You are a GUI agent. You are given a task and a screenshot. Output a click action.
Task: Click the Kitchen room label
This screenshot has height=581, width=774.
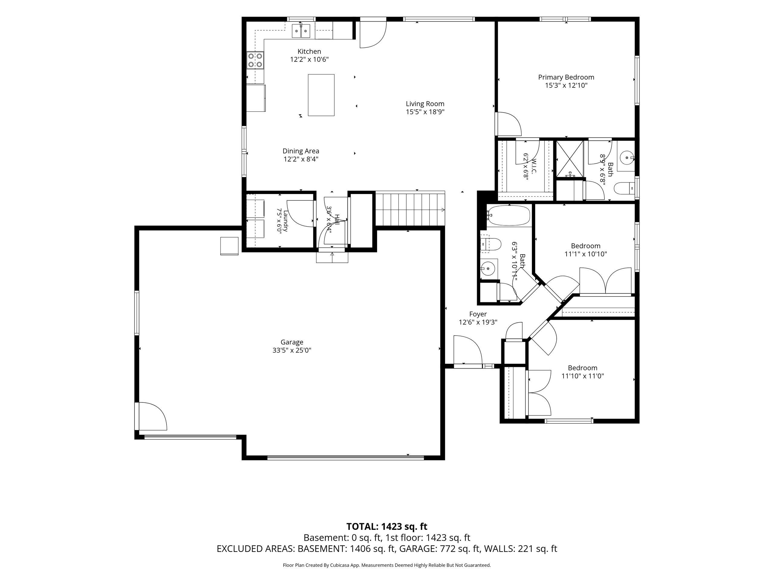coord(309,51)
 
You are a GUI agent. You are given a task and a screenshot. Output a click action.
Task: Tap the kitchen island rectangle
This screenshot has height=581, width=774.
coord(321,95)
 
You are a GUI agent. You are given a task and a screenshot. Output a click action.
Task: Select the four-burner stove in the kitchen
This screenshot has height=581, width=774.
coord(255,60)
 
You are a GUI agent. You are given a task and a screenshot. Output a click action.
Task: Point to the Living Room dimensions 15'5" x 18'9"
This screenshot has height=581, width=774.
coord(425,112)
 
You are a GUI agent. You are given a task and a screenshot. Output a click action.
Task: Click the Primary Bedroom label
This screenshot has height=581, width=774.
coord(566,77)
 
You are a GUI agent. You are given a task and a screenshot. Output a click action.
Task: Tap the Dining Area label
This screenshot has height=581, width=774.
coord(301,151)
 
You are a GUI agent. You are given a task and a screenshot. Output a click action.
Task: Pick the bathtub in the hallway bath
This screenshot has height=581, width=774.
coord(509,215)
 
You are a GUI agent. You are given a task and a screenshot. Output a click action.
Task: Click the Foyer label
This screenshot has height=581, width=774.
coord(478,314)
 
